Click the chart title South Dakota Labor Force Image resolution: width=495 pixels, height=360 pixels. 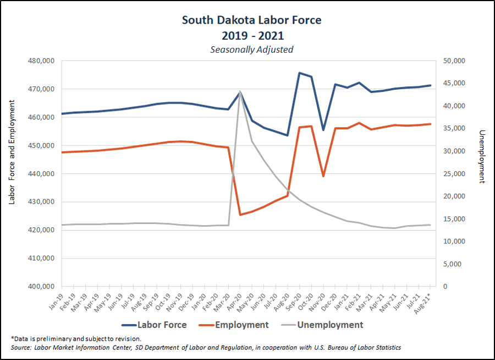(x=252, y=20)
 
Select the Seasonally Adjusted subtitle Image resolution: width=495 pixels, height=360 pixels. (x=252, y=50)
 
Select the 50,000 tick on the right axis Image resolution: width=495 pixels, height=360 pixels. (x=454, y=61)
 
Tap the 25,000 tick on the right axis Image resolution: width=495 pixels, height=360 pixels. (x=454, y=173)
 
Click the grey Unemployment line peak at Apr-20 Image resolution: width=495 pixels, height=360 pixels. (x=240, y=91)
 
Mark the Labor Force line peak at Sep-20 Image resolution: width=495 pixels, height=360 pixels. (x=299, y=73)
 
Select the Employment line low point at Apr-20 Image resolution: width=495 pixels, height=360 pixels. (x=240, y=215)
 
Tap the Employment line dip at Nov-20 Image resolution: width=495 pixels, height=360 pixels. (x=323, y=176)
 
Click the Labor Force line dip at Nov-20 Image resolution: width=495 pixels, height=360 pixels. (x=323, y=130)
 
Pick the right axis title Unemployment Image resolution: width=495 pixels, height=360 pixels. (x=482, y=157)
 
